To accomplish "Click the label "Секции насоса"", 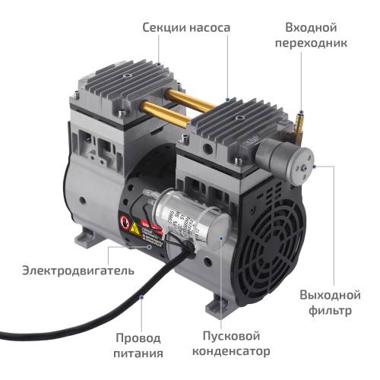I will click(185, 28).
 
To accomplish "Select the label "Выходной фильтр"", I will click(332, 302).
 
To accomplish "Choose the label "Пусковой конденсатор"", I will click(236, 344).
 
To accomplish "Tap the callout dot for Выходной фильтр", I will click(313, 164).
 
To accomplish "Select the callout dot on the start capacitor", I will click(221, 237).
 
